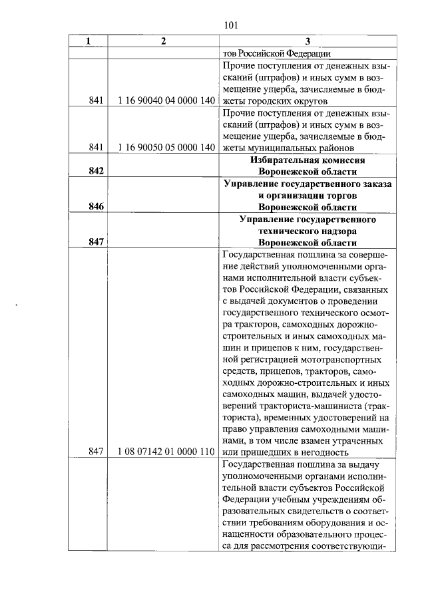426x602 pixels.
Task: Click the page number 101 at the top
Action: (231, 27)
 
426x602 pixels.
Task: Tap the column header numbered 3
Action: (307, 41)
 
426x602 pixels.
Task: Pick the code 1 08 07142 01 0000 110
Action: (163, 452)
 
